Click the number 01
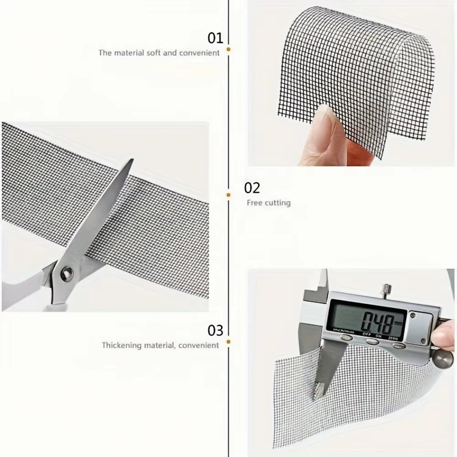[x=215, y=37]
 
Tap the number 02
[x=252, y=188]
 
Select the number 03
[x=215, y=330]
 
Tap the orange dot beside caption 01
[x=228, y=48]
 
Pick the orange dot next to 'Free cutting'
[x=228, y=195]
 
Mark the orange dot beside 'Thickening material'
[x=228, y=341]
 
